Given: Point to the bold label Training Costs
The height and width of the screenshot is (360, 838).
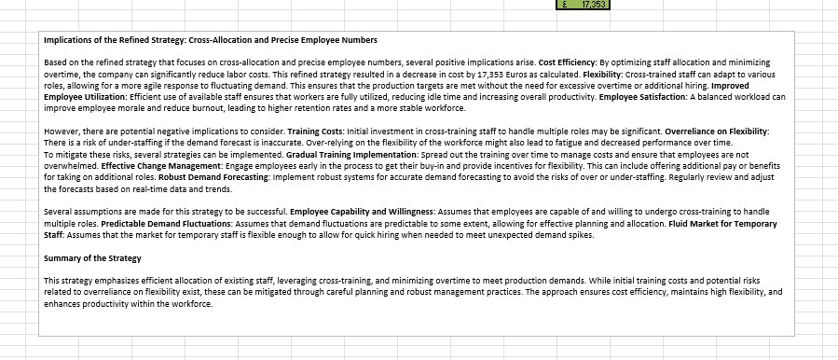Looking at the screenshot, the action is point(317,132).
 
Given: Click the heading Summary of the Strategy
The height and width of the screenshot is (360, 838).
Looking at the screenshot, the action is point(92,258).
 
